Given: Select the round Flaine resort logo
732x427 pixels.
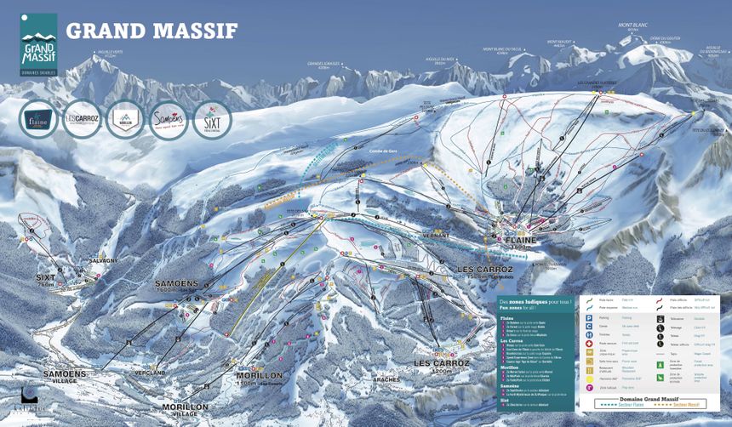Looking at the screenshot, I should [39, 119].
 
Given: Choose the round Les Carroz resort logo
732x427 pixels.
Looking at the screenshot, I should [83, 119].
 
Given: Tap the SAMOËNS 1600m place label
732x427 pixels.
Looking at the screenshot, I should [177, 285].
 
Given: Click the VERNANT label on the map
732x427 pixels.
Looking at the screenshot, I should [435, 233].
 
